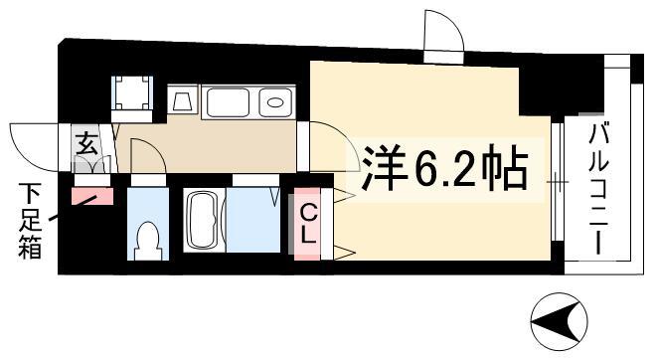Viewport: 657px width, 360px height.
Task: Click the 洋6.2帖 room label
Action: (x=444, y=168)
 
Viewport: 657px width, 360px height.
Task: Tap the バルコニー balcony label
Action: (x=598, y=188)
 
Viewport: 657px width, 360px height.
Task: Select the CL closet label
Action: (x=308, y=224)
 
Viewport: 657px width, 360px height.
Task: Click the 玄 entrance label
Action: (x=87, y=143)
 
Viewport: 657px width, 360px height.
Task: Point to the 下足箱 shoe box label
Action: (x=30, y=221)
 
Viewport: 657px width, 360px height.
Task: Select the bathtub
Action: (x=204, y=220)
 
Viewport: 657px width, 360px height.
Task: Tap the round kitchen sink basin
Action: (x=274, y=102)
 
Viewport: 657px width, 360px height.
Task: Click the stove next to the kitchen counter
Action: (x=182, y=99)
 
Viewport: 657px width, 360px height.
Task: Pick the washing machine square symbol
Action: (x=132, y=93)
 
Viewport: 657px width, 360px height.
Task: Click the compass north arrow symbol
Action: (x=559, y=322)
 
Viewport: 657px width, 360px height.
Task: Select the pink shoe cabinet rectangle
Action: (x=92, y=196)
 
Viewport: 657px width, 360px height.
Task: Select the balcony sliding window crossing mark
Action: (x=558, y=182)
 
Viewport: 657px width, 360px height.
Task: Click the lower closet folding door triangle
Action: (x=345, y=253)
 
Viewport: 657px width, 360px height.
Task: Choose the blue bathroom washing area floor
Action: (x=253, y=220)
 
